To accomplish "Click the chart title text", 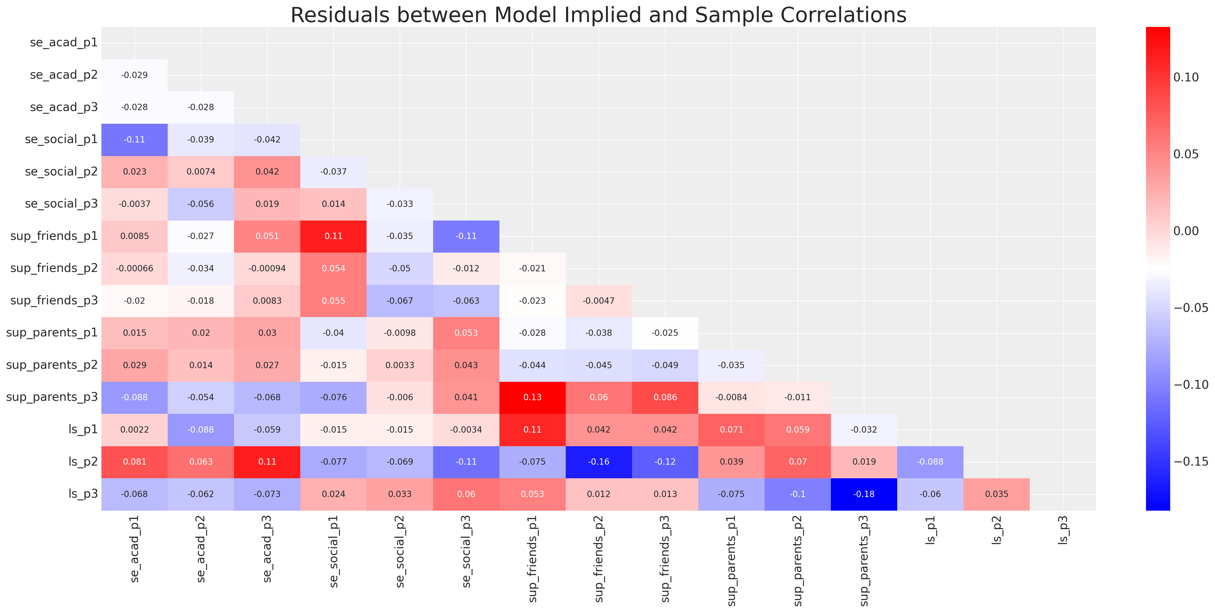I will (x=598, y=15).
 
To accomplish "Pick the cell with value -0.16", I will (x=598, y=462).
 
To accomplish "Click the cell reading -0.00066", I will (x=134, y=268).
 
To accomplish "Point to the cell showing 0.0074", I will (x=201, y=172).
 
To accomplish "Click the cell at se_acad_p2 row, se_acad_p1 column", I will (x=134, y=75).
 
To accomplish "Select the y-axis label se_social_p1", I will (x=61, y=139).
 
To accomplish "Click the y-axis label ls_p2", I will (x=83, y=462).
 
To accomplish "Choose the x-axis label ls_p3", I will (x=1063, y=530).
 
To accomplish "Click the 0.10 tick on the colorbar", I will (x=1186, y=77).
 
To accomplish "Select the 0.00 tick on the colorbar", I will (x=1186, y=231).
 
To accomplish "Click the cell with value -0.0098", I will (x=400, y=333).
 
